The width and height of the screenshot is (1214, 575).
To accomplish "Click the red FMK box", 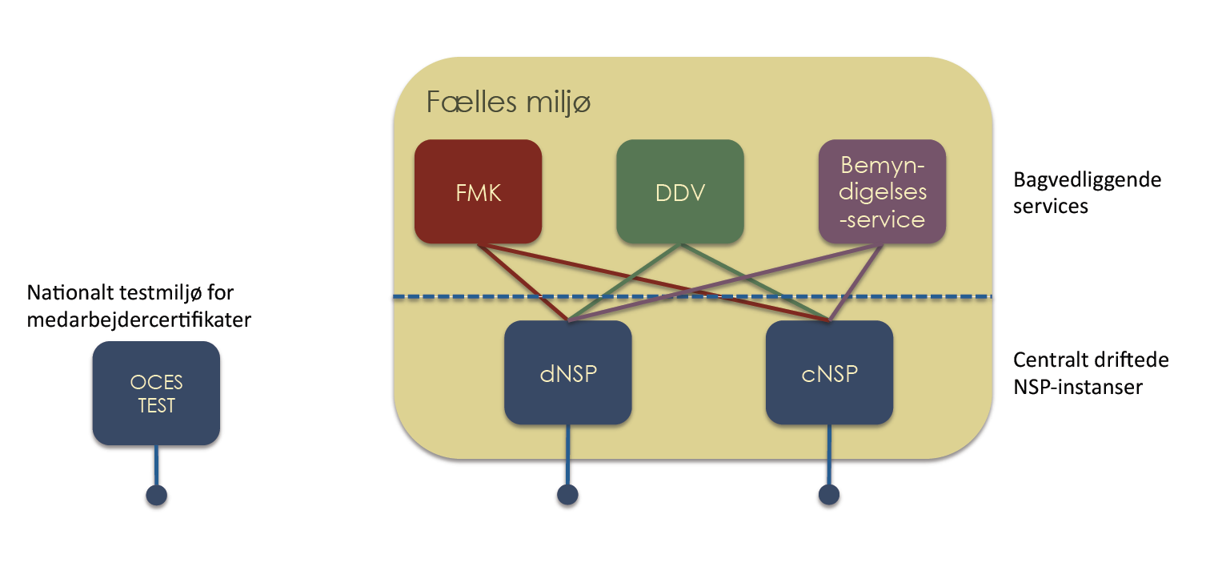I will [x=478, y=192].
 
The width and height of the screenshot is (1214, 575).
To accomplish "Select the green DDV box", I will [x=679, y=192].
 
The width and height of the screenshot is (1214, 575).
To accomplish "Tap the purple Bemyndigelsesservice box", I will [x=882, y=192].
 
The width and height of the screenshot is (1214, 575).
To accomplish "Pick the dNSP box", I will [x=567, y=373].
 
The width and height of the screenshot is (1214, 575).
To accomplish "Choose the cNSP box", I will [x=829, y=373].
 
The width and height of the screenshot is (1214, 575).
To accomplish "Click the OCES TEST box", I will [x=156, y=393].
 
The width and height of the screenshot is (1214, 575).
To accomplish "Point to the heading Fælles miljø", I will [x=508, y=103].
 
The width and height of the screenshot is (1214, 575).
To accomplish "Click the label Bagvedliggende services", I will [x=1086, y=192].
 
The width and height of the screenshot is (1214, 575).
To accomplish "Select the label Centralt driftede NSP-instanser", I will [x=1091, y=373].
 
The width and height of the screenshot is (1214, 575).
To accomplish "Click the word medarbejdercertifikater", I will [x=138, y=320].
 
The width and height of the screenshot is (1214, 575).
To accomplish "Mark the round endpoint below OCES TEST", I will [x=157, y=495].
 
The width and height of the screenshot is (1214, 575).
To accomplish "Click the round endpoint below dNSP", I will [x=567, y=495].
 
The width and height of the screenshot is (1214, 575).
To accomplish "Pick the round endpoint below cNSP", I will [x=829, y=495].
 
